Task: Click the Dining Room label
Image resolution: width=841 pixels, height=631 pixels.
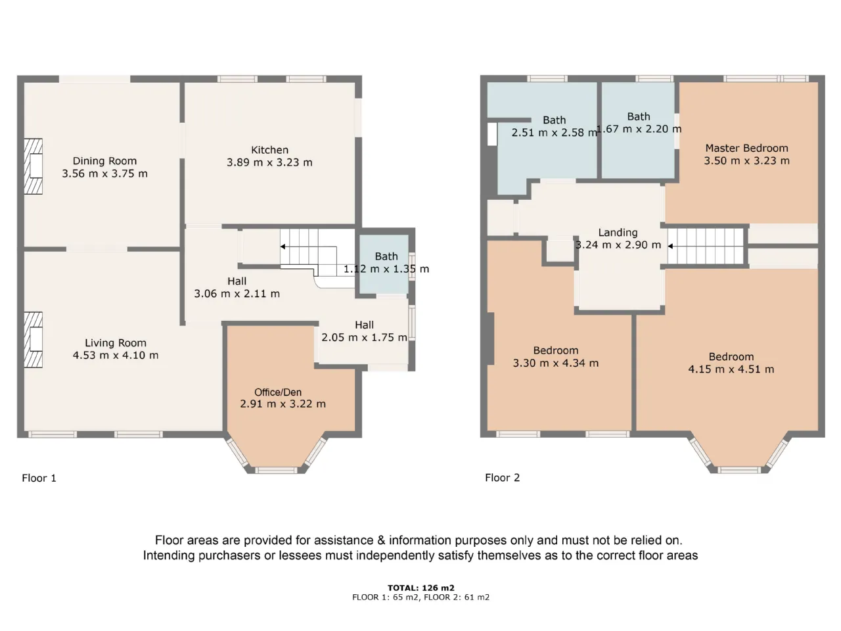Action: click(x=104, y=161)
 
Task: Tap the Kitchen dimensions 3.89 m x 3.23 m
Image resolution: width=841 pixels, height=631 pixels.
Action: click(x=269, y=162)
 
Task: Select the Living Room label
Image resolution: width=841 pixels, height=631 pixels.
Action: click(x=116, y=343)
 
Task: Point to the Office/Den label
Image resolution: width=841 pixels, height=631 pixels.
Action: click(x=278, y=392)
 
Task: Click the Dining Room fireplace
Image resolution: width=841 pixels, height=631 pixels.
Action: click(x=34, y=166)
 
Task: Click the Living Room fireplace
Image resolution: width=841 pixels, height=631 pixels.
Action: click(x=34, y=340)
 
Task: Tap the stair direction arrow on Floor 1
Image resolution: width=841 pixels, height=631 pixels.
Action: click(x=283, y=246)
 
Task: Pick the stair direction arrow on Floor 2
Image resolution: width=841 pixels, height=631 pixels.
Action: click(x=671, y=246)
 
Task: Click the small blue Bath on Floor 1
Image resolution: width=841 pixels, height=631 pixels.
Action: click(x=384, y=264)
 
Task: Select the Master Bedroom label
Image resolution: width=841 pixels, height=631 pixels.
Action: click(x=747, y=149)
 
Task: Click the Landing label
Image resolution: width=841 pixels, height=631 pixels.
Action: click(x=618, y=233)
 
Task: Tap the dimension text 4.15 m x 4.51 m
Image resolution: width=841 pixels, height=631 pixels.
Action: click(x=731, y=369)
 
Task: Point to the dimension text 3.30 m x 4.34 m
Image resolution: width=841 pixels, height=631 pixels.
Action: click(x=556, y=363)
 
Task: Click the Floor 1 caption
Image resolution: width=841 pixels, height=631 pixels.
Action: click(x=39, y=478)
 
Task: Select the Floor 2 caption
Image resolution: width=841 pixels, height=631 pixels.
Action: click(x=503, y=478)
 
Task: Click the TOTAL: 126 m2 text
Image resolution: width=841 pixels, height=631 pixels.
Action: click(x=420, y=588)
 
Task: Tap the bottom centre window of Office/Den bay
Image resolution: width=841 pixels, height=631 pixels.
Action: click(x=276, y=470)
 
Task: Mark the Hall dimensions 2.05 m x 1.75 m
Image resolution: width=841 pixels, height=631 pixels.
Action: click(x=364, y=338)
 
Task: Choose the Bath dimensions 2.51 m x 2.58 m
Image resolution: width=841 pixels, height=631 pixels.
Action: click(x=555, y=133)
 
